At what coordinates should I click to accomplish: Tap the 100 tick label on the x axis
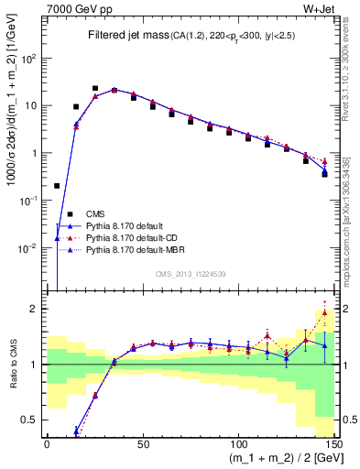(238, 443)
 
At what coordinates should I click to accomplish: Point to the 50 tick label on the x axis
(143, 443)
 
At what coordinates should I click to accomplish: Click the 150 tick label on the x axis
(333, 443)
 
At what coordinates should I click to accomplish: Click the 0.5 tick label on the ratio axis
(34, 420)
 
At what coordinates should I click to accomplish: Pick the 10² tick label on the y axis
(31, 58)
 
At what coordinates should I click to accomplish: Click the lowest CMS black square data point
(57, 186)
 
